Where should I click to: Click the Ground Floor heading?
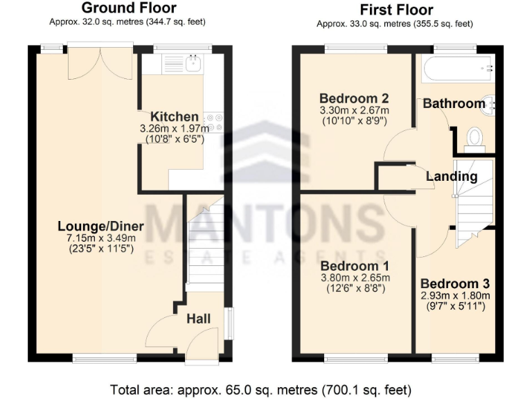pos(128,8)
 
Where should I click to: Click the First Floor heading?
pos(396,10)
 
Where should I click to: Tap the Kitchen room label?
pos(175,116)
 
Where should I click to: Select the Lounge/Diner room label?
pos(100,227)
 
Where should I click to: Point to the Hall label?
pos(198,319)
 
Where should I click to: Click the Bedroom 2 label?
pos(353,98)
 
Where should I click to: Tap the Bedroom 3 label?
pos(454,283)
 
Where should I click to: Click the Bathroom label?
pos(454,103)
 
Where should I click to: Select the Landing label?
pos(451,176)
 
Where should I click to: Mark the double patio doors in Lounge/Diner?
pos(100,61)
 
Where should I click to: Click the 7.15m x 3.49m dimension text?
pos(100,238)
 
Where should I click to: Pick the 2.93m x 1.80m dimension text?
pos(454,295)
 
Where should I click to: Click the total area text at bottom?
pos(260,389)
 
